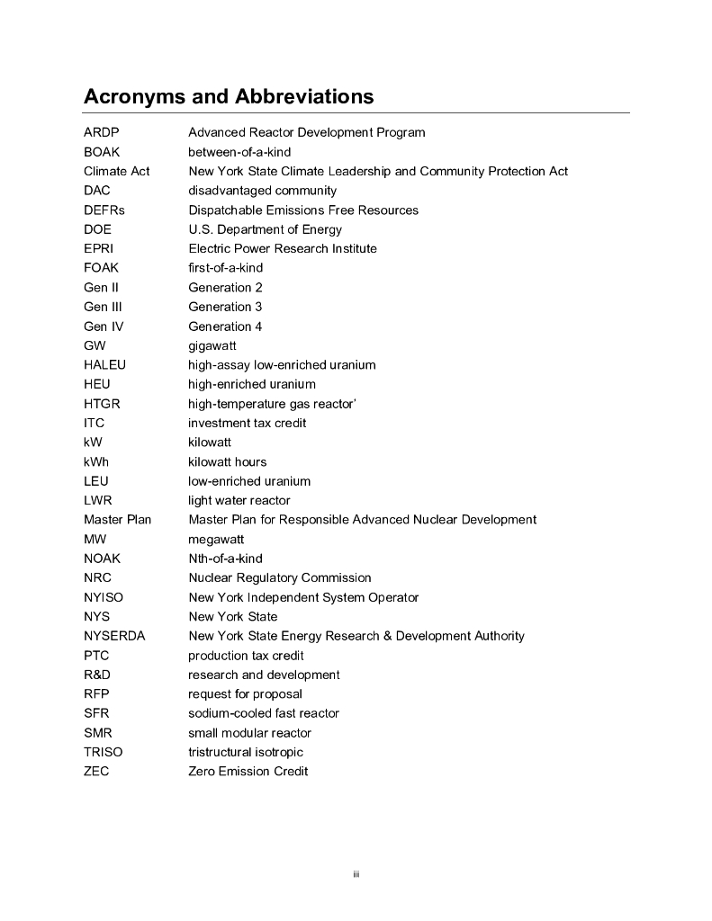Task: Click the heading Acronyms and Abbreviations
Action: point(229,96)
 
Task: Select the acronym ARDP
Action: point(102,132)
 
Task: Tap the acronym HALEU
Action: point(104,365)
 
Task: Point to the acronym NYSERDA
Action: point(114,636)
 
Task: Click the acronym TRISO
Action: point(104,752)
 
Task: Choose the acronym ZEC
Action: point(96,771)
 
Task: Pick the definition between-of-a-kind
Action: point(239,152)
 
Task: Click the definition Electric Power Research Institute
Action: point(283,248)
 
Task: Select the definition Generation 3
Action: point(225,307)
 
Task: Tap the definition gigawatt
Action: point(212,345)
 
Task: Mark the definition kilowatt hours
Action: point(227,461)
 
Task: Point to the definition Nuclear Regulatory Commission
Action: point(279,577)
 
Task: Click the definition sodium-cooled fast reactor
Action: point(264,713)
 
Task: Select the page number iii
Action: point(356,874)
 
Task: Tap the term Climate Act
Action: point(117,171)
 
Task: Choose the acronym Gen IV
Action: point(104,326)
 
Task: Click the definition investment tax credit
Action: point(247,423)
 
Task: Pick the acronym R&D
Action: point(97,675)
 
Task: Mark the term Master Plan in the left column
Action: point(118,519)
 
